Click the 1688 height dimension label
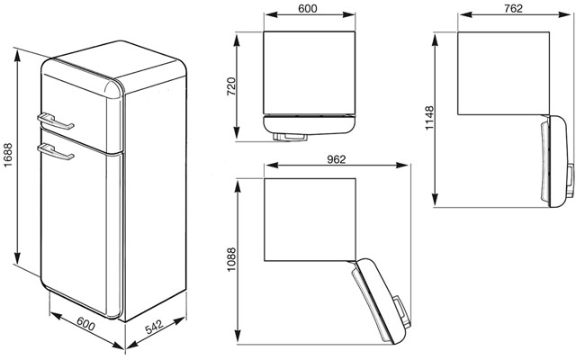point(8,155)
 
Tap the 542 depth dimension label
point(155,327)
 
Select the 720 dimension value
point(231,86)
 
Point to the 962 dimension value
point(337,159)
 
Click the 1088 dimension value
point(231,259)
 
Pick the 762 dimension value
point(513,8)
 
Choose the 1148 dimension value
point(430,118)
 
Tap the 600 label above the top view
point(308,8)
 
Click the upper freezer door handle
point(55,122)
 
